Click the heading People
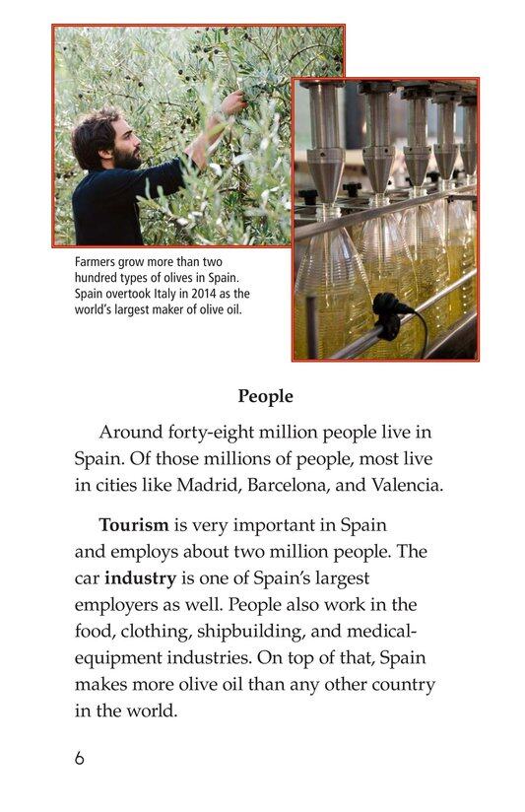[265, 396]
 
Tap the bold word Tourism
[135, 524]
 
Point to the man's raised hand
[231, 101]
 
